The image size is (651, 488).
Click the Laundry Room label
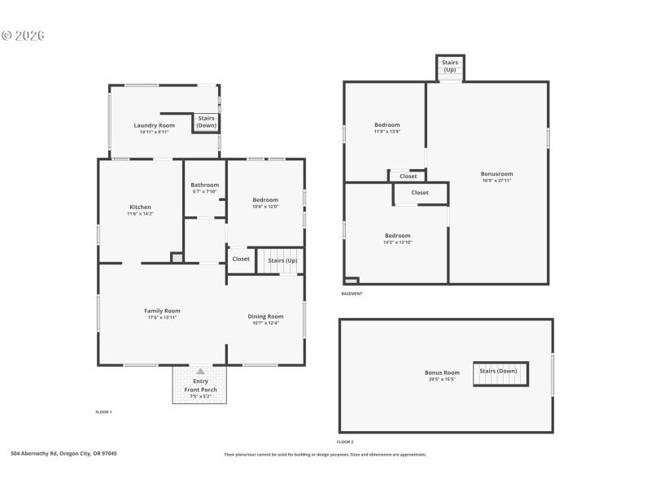[155, 125]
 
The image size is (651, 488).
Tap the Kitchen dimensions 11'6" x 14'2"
[140, 214]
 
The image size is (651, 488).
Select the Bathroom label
[204, 185]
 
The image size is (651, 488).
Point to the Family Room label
[162, 311]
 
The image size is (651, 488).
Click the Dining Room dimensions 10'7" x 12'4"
[265, 323]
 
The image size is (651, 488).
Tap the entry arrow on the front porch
[200, 371]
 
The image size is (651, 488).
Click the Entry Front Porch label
[200, 386]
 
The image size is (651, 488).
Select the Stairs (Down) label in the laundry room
[207, 122]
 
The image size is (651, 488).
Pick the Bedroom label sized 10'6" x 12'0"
[265, 200]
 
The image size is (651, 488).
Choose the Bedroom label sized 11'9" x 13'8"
[387, 125]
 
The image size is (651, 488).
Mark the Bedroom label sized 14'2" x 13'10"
[397, 236]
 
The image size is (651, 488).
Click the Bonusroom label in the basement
[497, 173]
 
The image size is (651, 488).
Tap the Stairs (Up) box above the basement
[449, 66]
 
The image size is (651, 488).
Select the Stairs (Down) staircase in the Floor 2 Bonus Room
[500, 373]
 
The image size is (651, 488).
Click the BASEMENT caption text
[352, 294]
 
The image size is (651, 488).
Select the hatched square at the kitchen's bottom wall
[177, 258]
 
